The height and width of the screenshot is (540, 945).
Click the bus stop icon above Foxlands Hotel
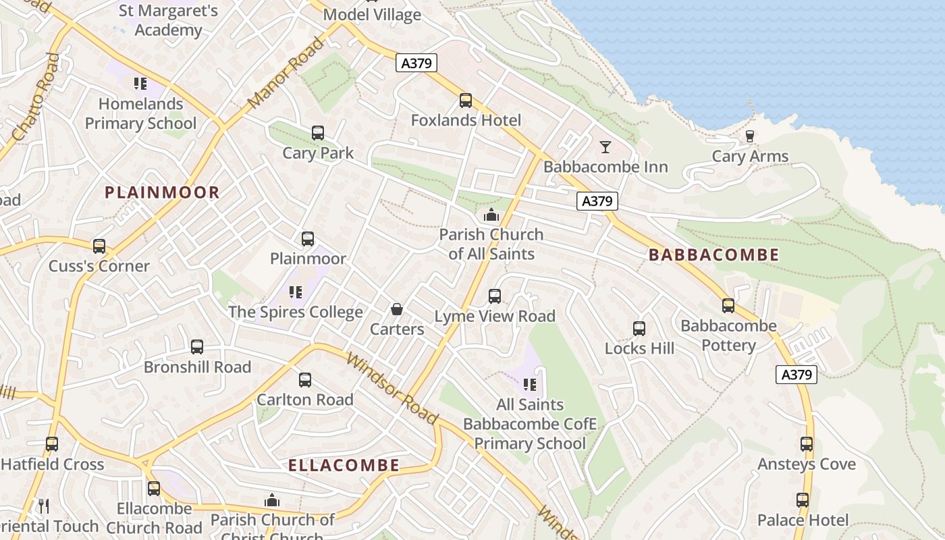tap(465, 101)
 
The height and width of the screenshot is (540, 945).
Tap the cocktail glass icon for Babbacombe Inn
tap(605, 146)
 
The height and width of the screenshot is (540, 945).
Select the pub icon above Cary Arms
tap(749, 136)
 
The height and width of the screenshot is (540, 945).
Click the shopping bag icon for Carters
tap(397, 309)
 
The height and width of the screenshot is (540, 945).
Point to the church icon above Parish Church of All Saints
tap(491, 215)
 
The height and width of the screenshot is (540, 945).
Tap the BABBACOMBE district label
tap(713, 255)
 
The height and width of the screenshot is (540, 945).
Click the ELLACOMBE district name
tap(344, 465)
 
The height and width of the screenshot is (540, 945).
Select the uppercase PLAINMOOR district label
tap(162, 192)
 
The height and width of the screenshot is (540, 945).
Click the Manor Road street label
tap(286, 74)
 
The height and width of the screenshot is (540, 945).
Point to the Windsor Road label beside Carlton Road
tap(392, 387)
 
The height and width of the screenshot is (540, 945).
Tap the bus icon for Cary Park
tap(317, 133)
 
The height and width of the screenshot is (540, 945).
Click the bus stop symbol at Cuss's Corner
tap(99, 246)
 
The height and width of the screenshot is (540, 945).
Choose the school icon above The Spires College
tap(295, 292)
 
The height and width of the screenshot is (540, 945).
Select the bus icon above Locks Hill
tap(639, 329)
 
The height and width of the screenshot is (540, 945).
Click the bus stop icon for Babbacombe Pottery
tap(728, 306)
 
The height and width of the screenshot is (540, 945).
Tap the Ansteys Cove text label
tap(806, 464)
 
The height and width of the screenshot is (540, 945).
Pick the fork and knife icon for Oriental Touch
tap(44, 506)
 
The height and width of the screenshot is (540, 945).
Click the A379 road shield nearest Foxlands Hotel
tap(416, 63)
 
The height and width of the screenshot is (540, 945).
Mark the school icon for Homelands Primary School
tap(140, 84)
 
